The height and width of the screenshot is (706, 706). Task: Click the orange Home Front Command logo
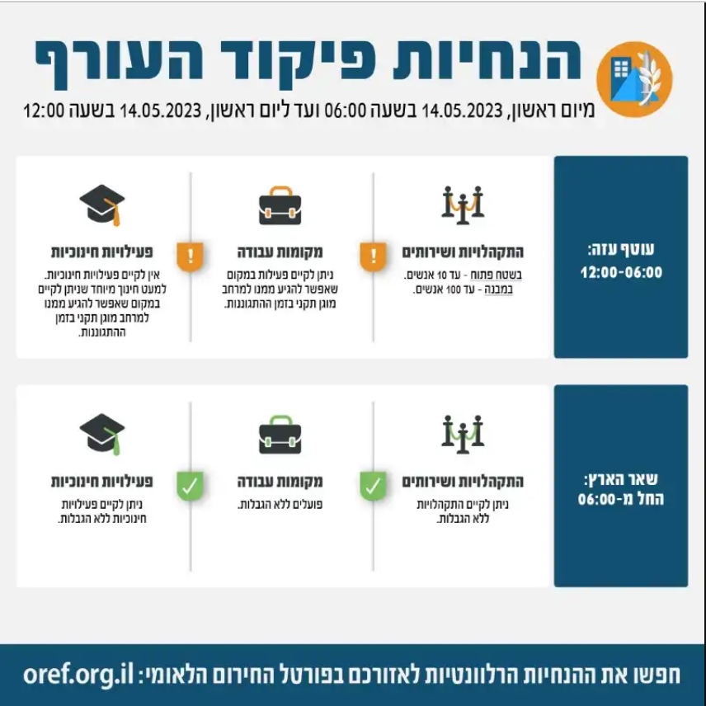[x=634, y=79]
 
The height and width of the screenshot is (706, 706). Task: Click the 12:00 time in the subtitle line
[x=44, y=110]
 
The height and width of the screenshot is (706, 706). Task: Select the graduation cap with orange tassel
[x=102, y=205]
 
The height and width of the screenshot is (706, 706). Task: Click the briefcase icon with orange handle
[x=280, y=205]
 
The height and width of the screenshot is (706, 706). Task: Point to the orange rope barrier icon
[x=463, y=205]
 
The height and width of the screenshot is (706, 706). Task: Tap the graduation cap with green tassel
[x=102, y=435]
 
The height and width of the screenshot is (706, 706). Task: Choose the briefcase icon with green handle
[x=280, y=435]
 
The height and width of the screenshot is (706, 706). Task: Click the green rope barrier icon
[x=463, y=434]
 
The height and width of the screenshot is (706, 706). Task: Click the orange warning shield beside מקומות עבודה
[x=190, y=257]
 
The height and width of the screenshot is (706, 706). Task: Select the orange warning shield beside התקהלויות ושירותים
[x=374, y=257]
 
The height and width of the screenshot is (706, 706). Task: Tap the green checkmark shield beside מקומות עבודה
[x=190, y=485]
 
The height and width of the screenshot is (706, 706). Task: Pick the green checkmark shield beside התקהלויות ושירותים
[x=374, y=485]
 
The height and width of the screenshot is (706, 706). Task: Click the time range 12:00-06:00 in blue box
[x=621, y=272]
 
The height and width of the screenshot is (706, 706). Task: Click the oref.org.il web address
[x=78, y=674]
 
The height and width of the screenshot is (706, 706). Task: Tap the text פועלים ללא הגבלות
[x=280, y=505]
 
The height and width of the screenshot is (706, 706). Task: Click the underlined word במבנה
[x=498, y=289]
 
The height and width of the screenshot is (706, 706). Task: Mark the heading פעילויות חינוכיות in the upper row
[x=102, y=252]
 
